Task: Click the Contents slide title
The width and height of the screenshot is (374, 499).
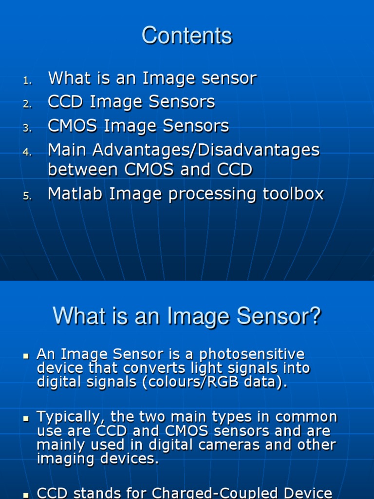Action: point(187,36)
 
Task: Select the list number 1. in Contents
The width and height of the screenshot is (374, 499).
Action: point(27,80)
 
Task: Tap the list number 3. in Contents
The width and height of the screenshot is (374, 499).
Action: point(27,128)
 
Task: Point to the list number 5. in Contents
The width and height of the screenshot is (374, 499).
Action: point(27,196)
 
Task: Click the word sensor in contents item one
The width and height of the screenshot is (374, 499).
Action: point(230,78)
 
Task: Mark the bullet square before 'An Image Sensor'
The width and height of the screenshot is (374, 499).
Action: point(26,356)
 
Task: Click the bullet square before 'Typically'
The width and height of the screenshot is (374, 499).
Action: point(26,419)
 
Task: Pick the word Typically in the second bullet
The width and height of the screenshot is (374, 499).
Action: point(71,417)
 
